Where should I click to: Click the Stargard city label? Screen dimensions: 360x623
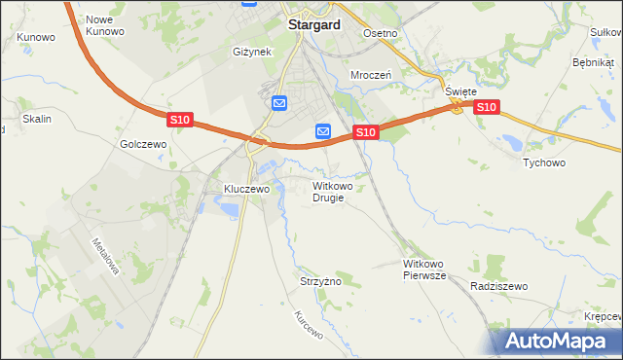[313, 25]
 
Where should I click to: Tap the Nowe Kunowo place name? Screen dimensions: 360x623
[105, 25]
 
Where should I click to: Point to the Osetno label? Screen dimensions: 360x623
[381, 33]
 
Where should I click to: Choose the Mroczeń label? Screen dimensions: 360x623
[371, 74]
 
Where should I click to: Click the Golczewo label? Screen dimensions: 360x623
[144, 143]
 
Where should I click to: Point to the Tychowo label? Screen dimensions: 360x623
[544, 162]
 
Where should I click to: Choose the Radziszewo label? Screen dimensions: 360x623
[497, 286]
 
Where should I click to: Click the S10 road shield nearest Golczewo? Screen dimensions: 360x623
[179, 120]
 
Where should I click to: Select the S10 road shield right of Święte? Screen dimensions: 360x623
[487, 107]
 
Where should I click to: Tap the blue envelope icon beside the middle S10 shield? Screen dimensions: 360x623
[323, 131]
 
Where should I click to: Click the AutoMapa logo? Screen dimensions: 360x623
[556, 341]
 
